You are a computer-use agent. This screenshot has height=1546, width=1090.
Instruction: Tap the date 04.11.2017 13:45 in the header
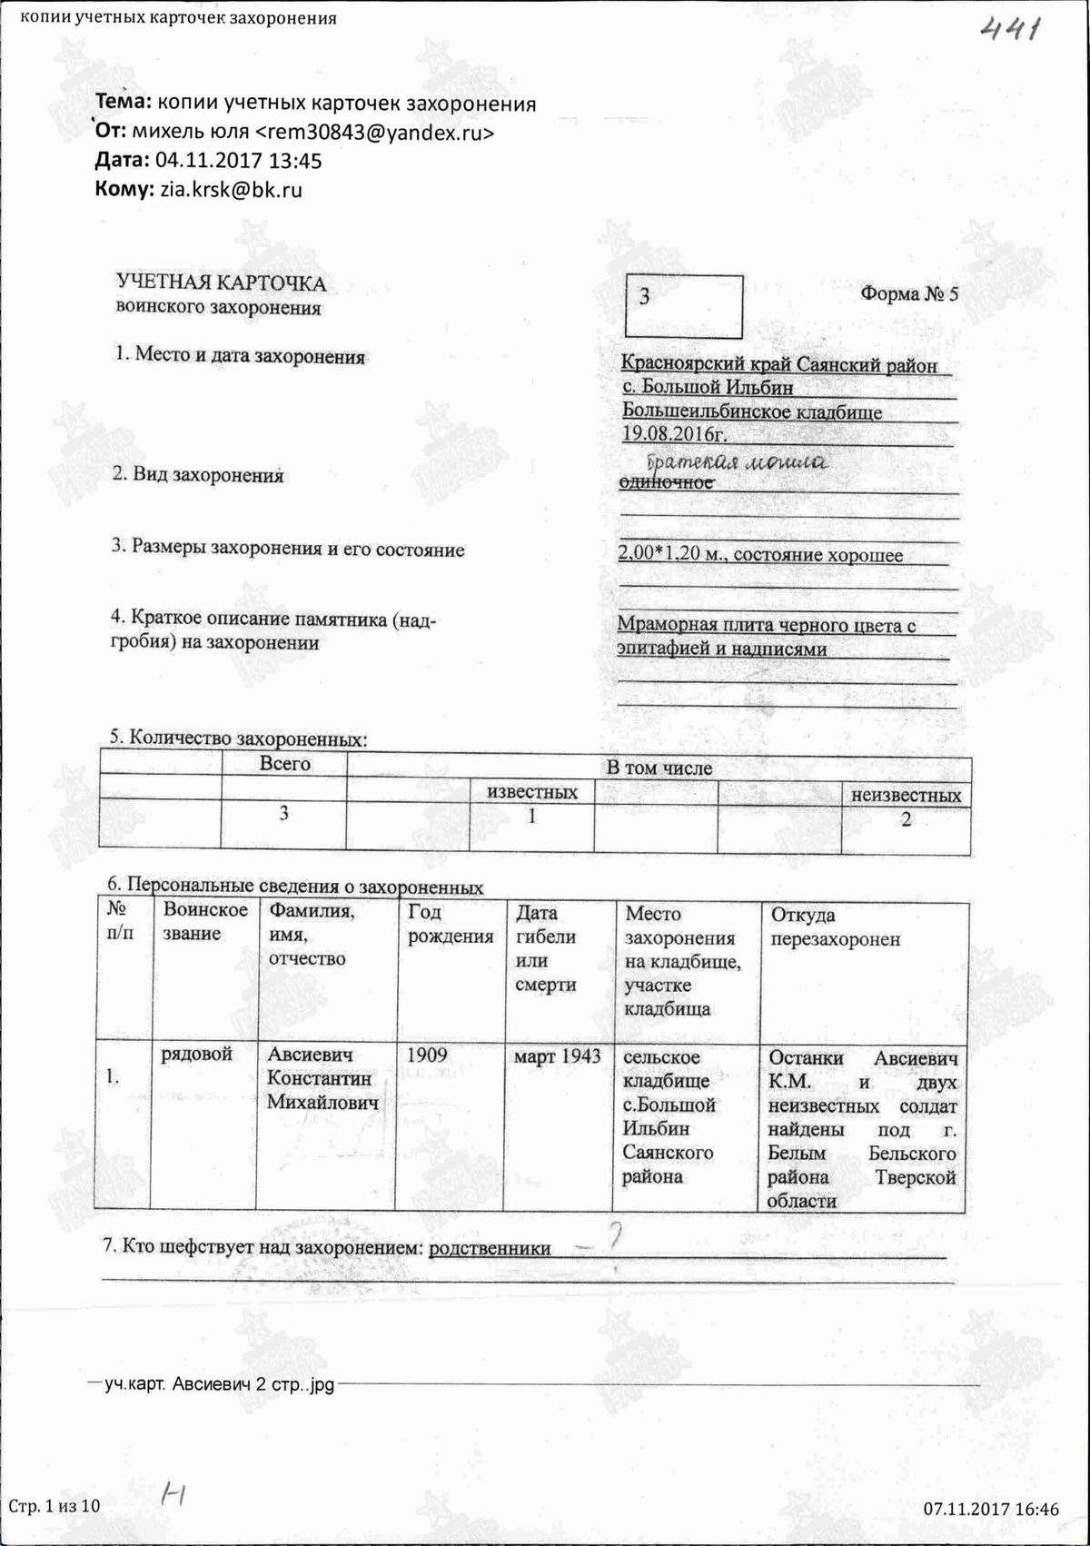pyautogui.click(x=239, y=162)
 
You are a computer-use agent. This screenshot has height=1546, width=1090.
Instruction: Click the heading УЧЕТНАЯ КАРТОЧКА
pyautogui.click(x=221, y=283)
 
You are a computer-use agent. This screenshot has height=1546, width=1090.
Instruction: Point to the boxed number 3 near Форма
pyautogui.click(x=645, y=297)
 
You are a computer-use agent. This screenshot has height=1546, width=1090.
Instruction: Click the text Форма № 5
pyautogui.click(x=908, y=294)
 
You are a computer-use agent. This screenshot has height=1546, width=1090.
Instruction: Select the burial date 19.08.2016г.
pyautogui.click(x=675, y=434)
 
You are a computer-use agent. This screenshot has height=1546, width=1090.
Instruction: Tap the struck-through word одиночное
pyautogui.click(x=666, y=482)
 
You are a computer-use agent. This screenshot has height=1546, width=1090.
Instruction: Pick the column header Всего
pyautogui.click(x=285, y=765)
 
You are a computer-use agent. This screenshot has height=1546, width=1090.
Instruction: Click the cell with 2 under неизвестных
pyautogui.click(x=906, y=819)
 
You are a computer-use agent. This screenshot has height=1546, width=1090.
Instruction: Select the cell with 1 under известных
pyautogui.click(x=532, y=817)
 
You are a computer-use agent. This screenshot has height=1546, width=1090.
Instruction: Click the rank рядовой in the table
pyautogui.click(x=197, y=1055)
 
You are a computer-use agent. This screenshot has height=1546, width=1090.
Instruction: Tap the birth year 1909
pyautogui.click(x=427, y=1055)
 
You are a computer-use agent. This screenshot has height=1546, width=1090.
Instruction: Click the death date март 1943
pyautogui.click(x=557, y=1056)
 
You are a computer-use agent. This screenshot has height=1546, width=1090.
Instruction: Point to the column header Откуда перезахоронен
pyautogui.click(x=835, y=927)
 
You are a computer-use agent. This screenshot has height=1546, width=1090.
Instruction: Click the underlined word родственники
pyautogui.click(x=490, y=1248)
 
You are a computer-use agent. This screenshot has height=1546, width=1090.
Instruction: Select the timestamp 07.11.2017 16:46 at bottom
pyautogui.click(x=991, y=1510)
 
